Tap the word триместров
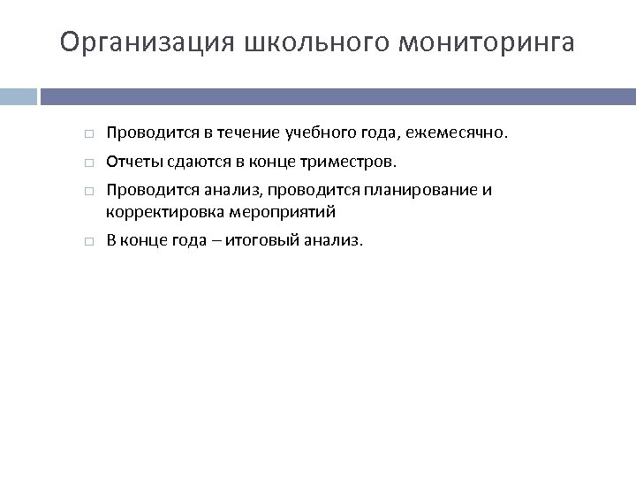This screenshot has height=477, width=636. coord(352,162)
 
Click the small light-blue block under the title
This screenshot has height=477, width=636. coord(19,96)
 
